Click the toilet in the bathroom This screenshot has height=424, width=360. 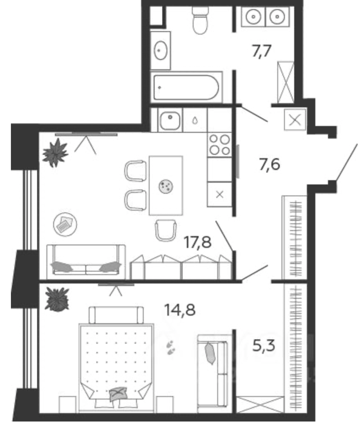[x=200, y=19]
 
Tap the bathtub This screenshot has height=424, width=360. [x=186, y=87]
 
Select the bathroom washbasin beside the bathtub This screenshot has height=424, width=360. [x=160, y=50]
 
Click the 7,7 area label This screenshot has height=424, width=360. [x=261, y=51]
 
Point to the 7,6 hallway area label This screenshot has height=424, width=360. [x=269, y=164]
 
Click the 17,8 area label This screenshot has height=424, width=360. [x=197, y=242]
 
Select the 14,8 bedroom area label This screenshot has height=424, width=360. [x=180, y=310]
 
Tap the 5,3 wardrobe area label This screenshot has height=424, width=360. [x=264, y=345]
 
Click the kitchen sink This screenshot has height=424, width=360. [x=170, y=121]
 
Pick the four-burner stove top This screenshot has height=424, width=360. [x=220, y=145]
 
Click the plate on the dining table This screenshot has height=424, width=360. [x=166, y=186]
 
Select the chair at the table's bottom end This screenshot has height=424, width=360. [x=166, y=230]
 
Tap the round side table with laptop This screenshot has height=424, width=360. [x=65, y=224]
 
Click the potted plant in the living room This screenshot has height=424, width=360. [x=56, y=153]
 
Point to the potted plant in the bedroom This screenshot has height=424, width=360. [x=57, y=300]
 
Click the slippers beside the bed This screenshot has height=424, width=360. [x=171, y=347]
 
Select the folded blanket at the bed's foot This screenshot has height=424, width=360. [x=119, y=394]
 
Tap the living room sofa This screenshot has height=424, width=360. [x=86, y=262]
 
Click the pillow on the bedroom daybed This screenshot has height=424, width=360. [x=211, y=353]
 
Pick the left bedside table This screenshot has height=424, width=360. [x=68, y=405]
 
